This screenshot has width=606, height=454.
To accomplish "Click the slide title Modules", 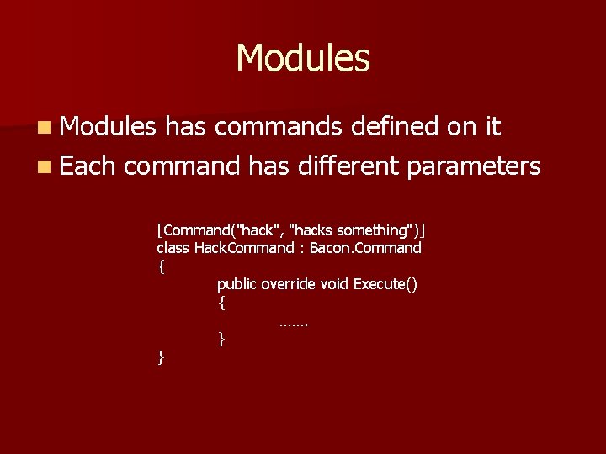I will (303, 58).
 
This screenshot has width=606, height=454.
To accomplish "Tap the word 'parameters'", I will (473, 167).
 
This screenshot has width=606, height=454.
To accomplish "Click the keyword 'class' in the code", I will (173, 248).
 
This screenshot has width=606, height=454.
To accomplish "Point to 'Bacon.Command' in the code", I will (365, 248).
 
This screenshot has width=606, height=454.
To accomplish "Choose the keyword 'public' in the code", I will (237, 284).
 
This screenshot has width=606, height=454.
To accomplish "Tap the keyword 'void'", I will (336, 284).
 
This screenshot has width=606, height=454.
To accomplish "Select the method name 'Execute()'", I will (385, 284).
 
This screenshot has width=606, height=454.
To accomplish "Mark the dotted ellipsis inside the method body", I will (294, 322).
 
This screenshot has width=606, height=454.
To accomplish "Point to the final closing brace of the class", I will (161, 357).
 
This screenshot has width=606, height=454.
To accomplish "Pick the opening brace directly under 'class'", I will (161, 267).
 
